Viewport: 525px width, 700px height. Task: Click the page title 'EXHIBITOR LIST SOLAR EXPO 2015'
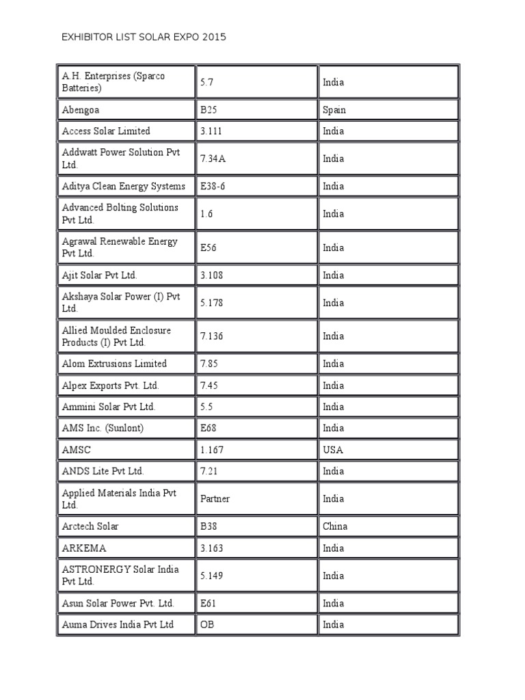coord(144,37)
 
